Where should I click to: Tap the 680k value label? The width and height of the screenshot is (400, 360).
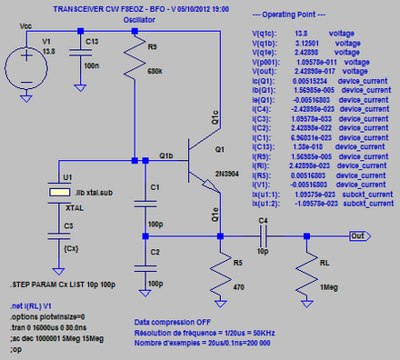click(155, 72)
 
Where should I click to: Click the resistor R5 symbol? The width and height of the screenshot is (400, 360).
click(219, 273)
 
